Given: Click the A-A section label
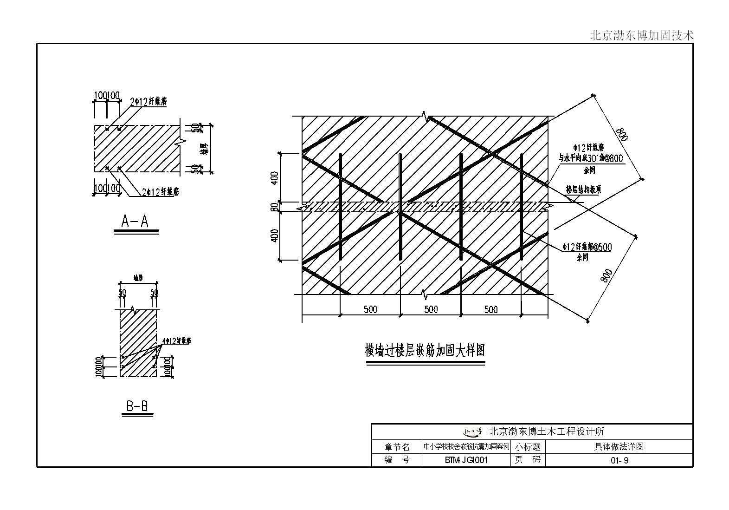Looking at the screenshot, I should click(135, 222).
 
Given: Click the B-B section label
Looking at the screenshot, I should click(137, 407).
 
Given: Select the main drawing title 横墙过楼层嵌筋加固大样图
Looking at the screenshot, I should click(425, 350).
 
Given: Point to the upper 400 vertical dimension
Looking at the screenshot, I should click(274, 178).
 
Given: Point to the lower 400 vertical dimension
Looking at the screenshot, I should click(274, 235).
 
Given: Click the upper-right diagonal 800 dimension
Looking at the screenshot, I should click(621, 135).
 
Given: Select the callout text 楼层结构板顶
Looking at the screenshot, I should click(583, 190).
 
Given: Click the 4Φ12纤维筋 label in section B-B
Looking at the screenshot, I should click(176, 341).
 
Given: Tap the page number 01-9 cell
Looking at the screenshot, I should click(619, 461).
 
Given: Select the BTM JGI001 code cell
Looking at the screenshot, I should click(466, 461).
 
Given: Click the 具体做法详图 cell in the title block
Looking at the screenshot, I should click(619, 447).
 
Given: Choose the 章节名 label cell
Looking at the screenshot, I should click(397, 447).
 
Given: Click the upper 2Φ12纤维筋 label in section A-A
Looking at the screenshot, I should click(148, 102).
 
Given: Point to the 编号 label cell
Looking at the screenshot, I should click(397, 461).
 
